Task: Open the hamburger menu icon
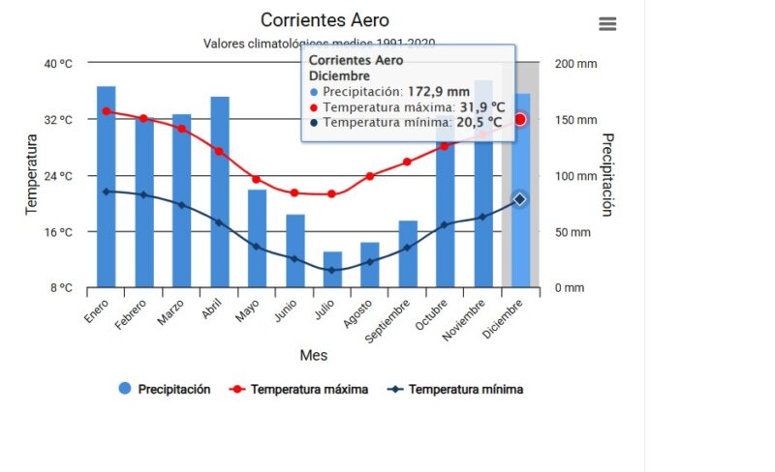pyautogui.click(x=607, y=24)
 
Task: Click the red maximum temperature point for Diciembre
pyautogui.click(x=520, y=119)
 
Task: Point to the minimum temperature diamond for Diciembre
pyautogui.click(x=520, y=199)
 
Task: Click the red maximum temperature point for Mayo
pyautogui.click(x=257, y=179)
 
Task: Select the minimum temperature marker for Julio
pyautogui.click(x=332, y=270)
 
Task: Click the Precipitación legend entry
pyautogui.click(x=165, y=389)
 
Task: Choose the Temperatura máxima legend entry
pyautogui.click(x=299, y=389)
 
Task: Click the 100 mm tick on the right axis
pyautogui.click(x=569, y=176)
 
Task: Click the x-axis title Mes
pyautogui.click(x=313, y=355)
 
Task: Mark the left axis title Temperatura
pyautogui.click(x=31, y=175)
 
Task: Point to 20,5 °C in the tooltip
pyautogui.click(x=480, y=123)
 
